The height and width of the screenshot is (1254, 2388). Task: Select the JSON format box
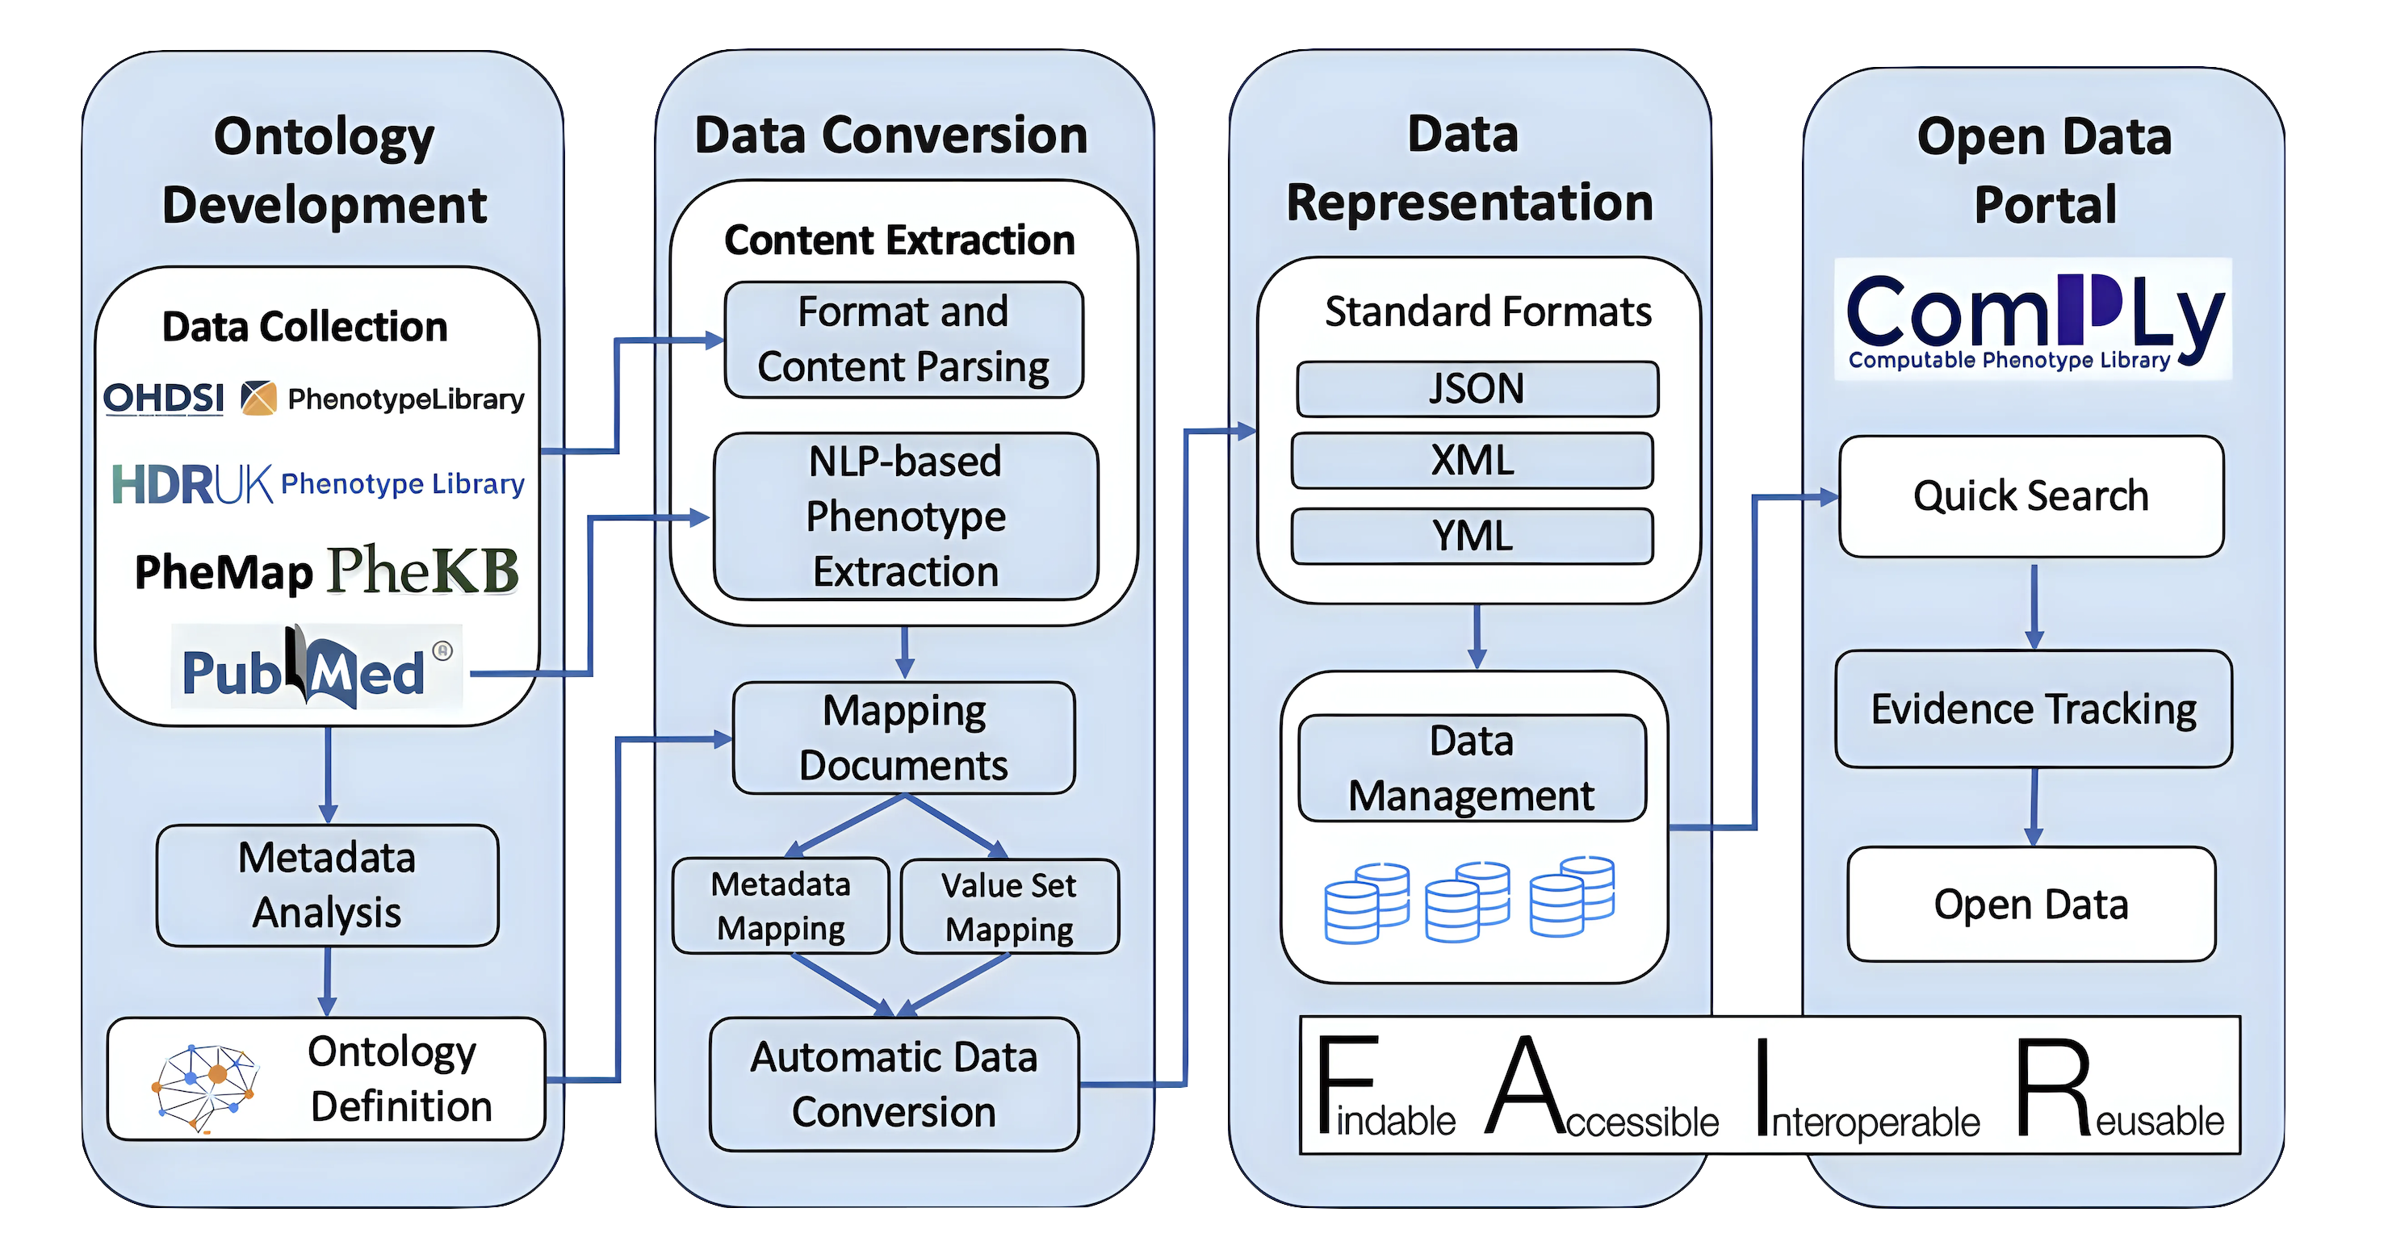click(1477, 389)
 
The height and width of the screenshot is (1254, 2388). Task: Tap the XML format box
click(1472, 461)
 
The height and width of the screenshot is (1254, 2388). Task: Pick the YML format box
click(1472, 536)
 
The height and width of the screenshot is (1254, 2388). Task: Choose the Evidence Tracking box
click(2034, 709)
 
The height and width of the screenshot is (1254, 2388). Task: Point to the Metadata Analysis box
click(327, 885)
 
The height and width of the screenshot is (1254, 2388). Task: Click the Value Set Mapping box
click(1009, 906)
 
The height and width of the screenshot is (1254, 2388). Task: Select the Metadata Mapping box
click(781, 905)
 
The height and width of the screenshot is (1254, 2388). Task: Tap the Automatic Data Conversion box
click(894, 1085)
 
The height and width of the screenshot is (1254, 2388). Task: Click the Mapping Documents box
click(904, 738)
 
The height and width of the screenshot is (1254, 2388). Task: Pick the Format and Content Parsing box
click(904, 339)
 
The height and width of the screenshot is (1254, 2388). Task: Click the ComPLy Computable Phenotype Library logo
click(2033, 320)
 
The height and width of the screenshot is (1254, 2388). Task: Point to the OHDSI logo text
click(163, 399)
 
